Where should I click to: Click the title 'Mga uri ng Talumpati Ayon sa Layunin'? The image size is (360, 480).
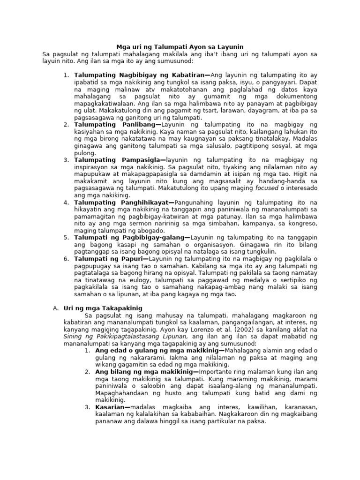click(x=180, y=46)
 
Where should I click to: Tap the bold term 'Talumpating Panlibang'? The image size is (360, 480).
click(x=118, y=124)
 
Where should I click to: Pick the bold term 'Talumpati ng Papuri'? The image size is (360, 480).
click(x=111, y=259)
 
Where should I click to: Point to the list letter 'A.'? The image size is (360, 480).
click(x=56, y=308)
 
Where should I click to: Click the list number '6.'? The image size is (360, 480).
click(x=66, y=259)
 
